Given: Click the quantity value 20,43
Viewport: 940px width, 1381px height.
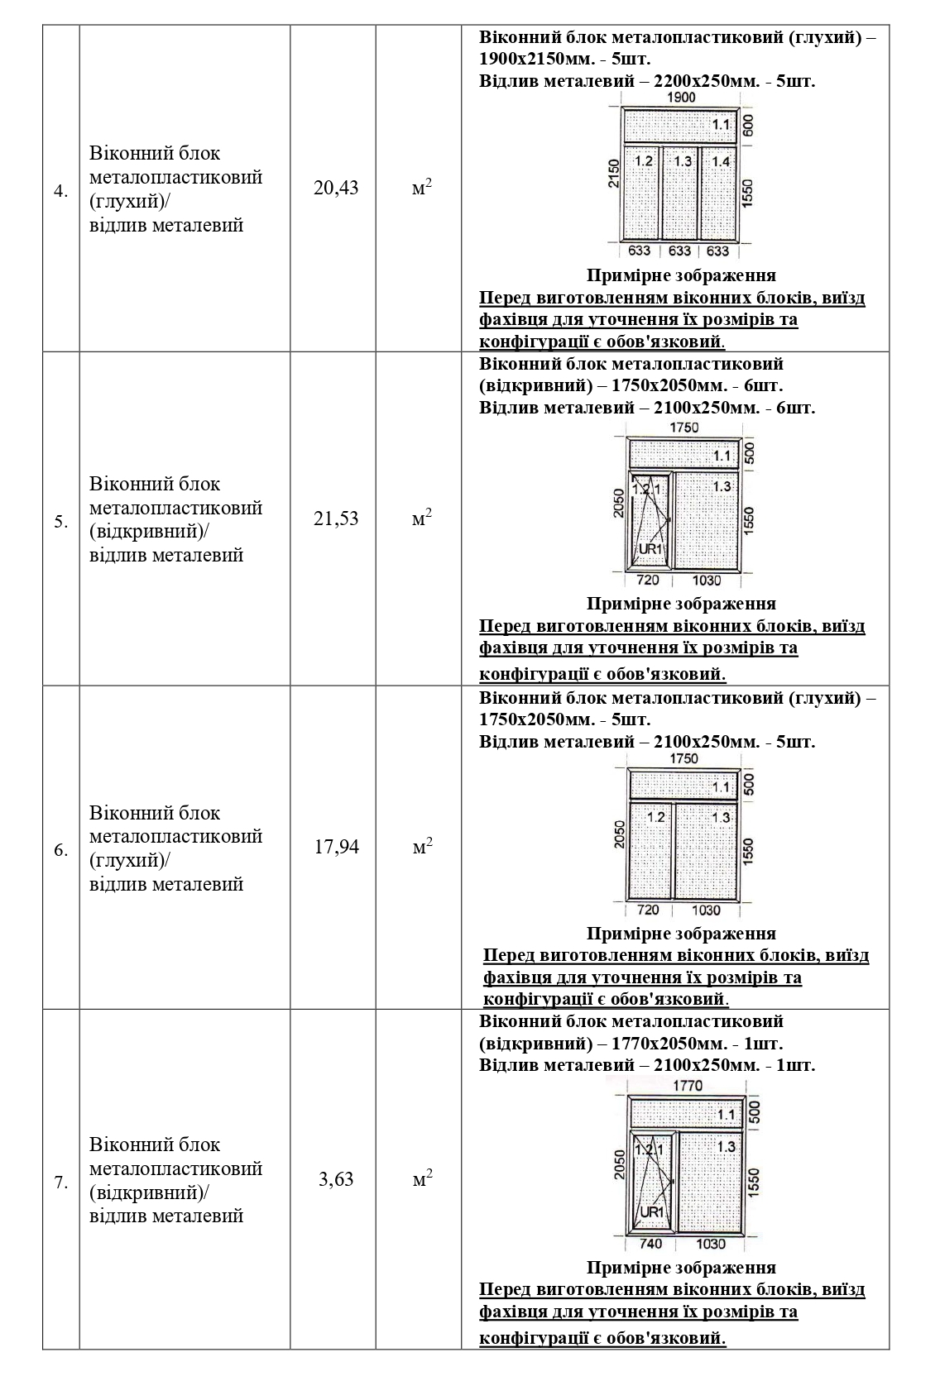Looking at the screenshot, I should point(336,188).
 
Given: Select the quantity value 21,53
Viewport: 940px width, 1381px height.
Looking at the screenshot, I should point(336,518).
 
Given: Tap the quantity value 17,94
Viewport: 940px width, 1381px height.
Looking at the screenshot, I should point(336,847).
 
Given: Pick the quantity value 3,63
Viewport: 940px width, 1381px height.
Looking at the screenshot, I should point(336,1179).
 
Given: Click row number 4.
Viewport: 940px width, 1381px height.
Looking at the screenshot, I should point(61,192).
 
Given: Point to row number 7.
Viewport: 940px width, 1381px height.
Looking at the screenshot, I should point(61,1183).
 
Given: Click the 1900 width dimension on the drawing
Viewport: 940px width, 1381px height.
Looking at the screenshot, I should point(680,98).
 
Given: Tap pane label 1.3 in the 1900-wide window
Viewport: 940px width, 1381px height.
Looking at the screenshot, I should point(682,161).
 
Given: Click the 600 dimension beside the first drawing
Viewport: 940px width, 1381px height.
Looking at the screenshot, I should point(748,126).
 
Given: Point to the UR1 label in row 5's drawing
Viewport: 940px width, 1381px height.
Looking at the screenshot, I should point(650,549).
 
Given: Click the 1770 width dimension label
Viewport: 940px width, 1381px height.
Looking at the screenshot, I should point(688,1086).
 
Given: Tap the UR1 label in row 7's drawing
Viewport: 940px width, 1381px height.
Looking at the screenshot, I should point(651,1211).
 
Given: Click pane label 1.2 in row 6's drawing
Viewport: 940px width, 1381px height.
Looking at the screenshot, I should point(655,817).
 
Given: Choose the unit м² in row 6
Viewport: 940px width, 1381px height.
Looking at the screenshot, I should point(422,847).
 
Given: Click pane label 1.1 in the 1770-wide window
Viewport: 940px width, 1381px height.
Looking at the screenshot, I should point(726,1115).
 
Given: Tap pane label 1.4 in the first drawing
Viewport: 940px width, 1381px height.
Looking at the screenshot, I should point(721,161).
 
